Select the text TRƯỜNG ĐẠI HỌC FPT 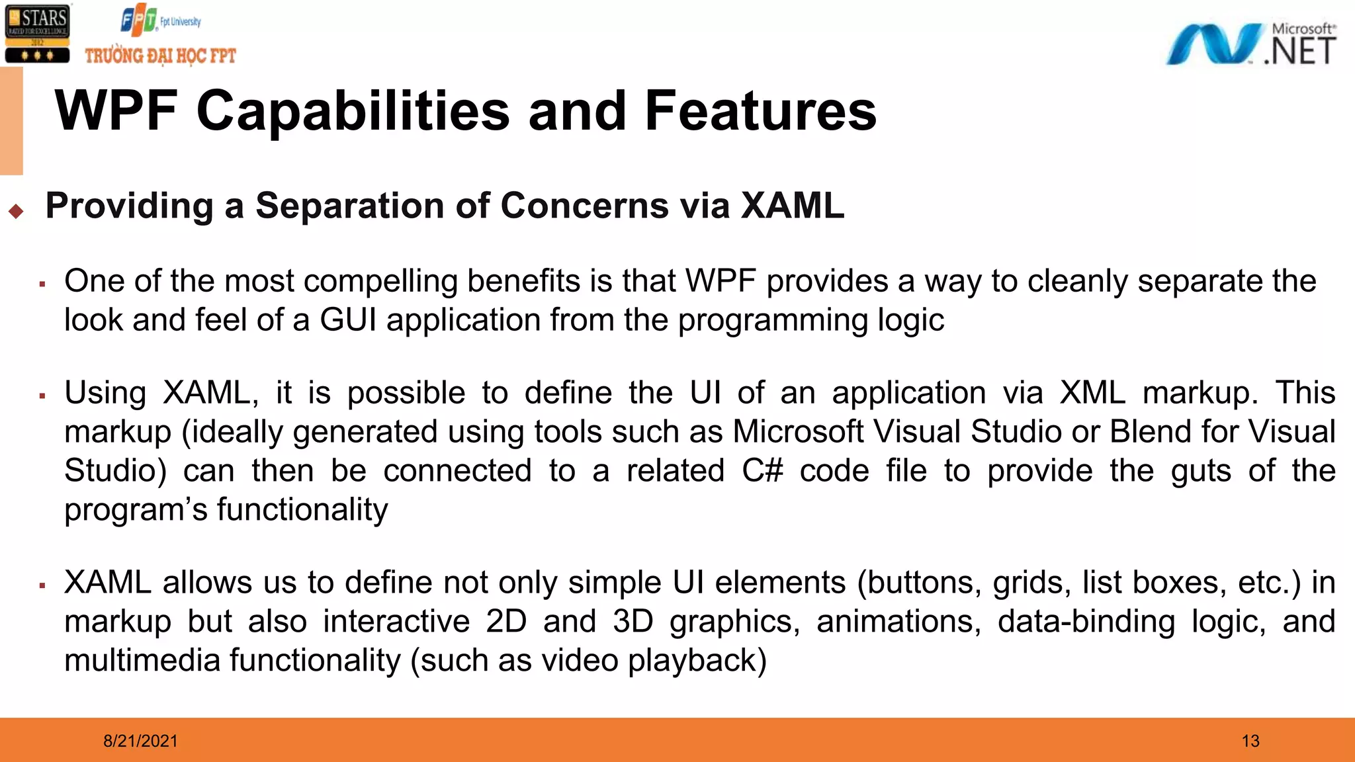pyautogui.click(x=160, y=56)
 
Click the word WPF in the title pyautogui.click(x=116, y=111)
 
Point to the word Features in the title pyautogui.click(x=760, y=111)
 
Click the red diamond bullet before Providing pyautogui.click(x=17, y=212)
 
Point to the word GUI pyautogui.click(x=348, y=320)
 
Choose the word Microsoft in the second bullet pyautogui.click(x=797, y=432)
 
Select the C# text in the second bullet pyautogui.click(x=762, y=471)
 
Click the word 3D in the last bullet pyautogui.click(x=633, y=622)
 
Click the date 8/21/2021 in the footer pyautogui.click(x=140, y=741)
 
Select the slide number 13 pyautogui.click(x=1250, y=741)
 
